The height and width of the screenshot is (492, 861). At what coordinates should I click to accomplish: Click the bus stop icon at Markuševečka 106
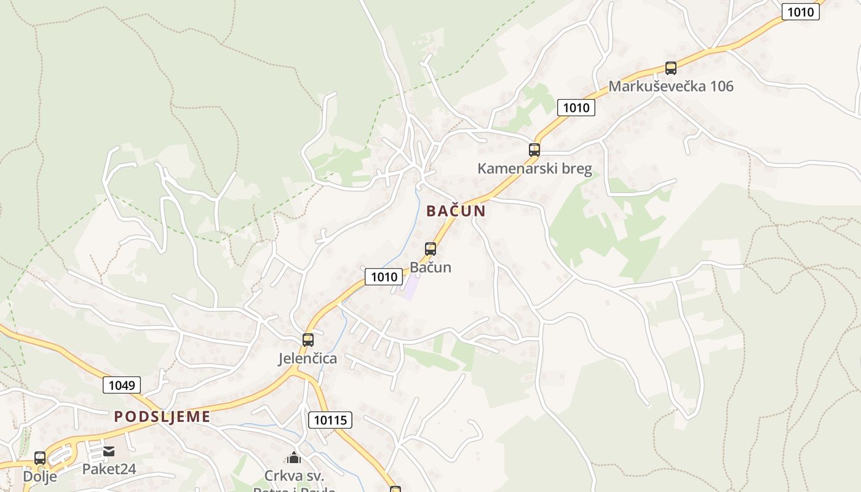point(670,68)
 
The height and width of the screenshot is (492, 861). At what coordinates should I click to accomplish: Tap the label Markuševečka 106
point(671,86)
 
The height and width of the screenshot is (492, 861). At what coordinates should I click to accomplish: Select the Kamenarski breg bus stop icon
point(534,149)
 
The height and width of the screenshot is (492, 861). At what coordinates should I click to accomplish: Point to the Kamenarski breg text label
point(534,169)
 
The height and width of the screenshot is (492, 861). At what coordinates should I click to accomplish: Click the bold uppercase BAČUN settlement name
point(456,211)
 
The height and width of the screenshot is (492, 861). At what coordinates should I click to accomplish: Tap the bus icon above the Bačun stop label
point(430,249)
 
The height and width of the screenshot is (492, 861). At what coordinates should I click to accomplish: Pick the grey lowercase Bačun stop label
point(430,268)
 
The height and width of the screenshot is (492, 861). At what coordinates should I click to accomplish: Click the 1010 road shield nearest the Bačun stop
point(384,277)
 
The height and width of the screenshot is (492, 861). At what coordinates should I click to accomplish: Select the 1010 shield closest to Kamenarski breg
point(576,108)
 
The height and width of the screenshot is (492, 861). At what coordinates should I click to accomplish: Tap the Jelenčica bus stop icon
point(307,339)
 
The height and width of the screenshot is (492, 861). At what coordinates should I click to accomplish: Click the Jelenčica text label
point(307,359)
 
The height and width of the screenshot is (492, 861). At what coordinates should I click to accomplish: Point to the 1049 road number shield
point(122,386)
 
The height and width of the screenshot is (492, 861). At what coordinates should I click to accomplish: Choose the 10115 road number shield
point(330,421)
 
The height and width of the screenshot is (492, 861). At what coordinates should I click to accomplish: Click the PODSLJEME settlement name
point(162,416)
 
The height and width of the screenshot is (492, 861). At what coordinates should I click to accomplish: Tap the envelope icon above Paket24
point(109,452)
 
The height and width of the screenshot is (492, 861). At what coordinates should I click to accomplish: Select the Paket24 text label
point(109,469)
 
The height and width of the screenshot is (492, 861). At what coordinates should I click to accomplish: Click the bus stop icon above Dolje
point(40,458)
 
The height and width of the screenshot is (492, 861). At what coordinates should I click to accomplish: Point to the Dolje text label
point(40,477)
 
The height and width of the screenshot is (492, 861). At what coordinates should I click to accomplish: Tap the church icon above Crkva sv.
point(294,458)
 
